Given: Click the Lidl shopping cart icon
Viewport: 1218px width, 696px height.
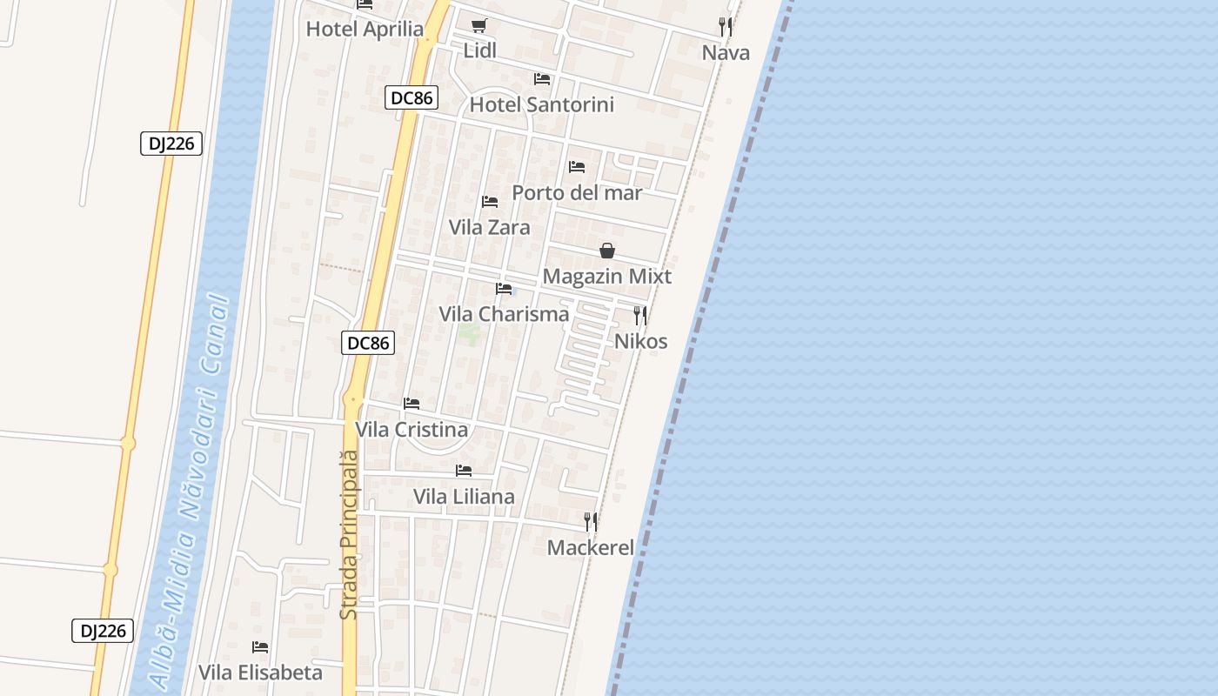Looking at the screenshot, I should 479,26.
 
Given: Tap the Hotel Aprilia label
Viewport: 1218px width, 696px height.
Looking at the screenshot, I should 365,29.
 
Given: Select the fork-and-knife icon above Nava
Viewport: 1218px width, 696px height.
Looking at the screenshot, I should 726,27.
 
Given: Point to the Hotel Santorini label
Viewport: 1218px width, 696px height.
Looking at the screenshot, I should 541,105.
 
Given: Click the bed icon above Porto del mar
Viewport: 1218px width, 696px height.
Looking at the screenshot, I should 577,167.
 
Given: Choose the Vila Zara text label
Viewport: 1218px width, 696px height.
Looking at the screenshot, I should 489,227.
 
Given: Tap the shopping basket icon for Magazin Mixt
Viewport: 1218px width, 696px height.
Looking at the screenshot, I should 607,251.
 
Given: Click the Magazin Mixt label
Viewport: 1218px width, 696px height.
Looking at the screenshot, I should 607,277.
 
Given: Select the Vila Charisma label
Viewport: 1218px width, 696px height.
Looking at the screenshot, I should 504,314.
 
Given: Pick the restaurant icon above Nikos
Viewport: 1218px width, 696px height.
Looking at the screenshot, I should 640,315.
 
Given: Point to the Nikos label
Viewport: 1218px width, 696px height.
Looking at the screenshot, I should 641,341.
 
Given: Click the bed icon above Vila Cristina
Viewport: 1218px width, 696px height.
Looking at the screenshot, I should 412,404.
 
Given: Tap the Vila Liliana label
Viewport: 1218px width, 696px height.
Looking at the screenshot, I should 464,497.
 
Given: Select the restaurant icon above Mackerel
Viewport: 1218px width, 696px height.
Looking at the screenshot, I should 591,522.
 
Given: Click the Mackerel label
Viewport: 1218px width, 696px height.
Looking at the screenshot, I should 591,548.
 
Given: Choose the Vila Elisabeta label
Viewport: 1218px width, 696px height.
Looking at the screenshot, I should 260,673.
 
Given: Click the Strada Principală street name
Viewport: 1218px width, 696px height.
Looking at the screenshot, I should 349,534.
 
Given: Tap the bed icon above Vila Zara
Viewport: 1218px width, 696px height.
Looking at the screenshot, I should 490,202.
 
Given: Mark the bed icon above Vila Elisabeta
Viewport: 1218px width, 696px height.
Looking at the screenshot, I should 260,647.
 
